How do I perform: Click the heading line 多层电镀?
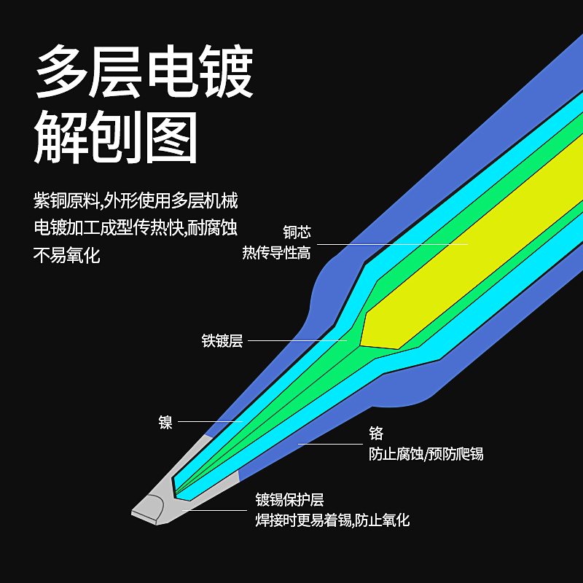144,74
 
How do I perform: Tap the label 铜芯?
297,232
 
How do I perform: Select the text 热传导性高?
276,253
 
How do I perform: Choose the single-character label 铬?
376,434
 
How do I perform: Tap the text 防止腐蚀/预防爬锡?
426,454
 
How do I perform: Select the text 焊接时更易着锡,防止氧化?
332,520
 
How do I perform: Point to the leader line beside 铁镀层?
295,340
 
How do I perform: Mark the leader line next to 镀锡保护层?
215,509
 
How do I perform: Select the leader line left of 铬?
332,443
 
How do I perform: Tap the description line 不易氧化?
66,255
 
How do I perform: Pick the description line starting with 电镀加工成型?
136,227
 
